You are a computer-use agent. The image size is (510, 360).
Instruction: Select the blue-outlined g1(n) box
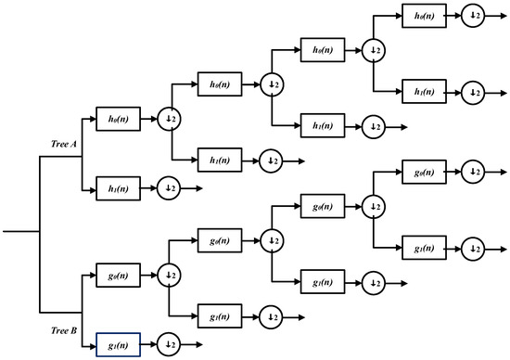(x=117, y=346)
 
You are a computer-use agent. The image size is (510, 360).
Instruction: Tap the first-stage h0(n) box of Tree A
(x=117, y=119)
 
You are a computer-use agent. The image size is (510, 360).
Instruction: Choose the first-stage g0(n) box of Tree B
(x=117, y=276)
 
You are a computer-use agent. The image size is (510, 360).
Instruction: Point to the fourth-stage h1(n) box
(x=423, y=91)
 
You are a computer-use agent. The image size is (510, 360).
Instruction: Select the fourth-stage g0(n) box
(x=423, y=173)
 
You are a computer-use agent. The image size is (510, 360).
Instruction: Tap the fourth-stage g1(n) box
(x=423, y=248)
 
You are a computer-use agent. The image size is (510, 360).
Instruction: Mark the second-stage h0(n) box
(x=219, y=84)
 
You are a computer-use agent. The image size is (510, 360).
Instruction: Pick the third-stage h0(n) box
(x=321, y=49)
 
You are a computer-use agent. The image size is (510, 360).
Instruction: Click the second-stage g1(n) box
(x=219, y=316)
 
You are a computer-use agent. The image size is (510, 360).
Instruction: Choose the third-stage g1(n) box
(x=321, y=282)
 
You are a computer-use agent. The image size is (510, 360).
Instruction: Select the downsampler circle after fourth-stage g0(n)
(x=474, y=173)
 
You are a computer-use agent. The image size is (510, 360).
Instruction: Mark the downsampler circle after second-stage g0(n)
(x=271, y=241)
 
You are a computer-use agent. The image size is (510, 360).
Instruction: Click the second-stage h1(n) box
(x=219, y=161)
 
